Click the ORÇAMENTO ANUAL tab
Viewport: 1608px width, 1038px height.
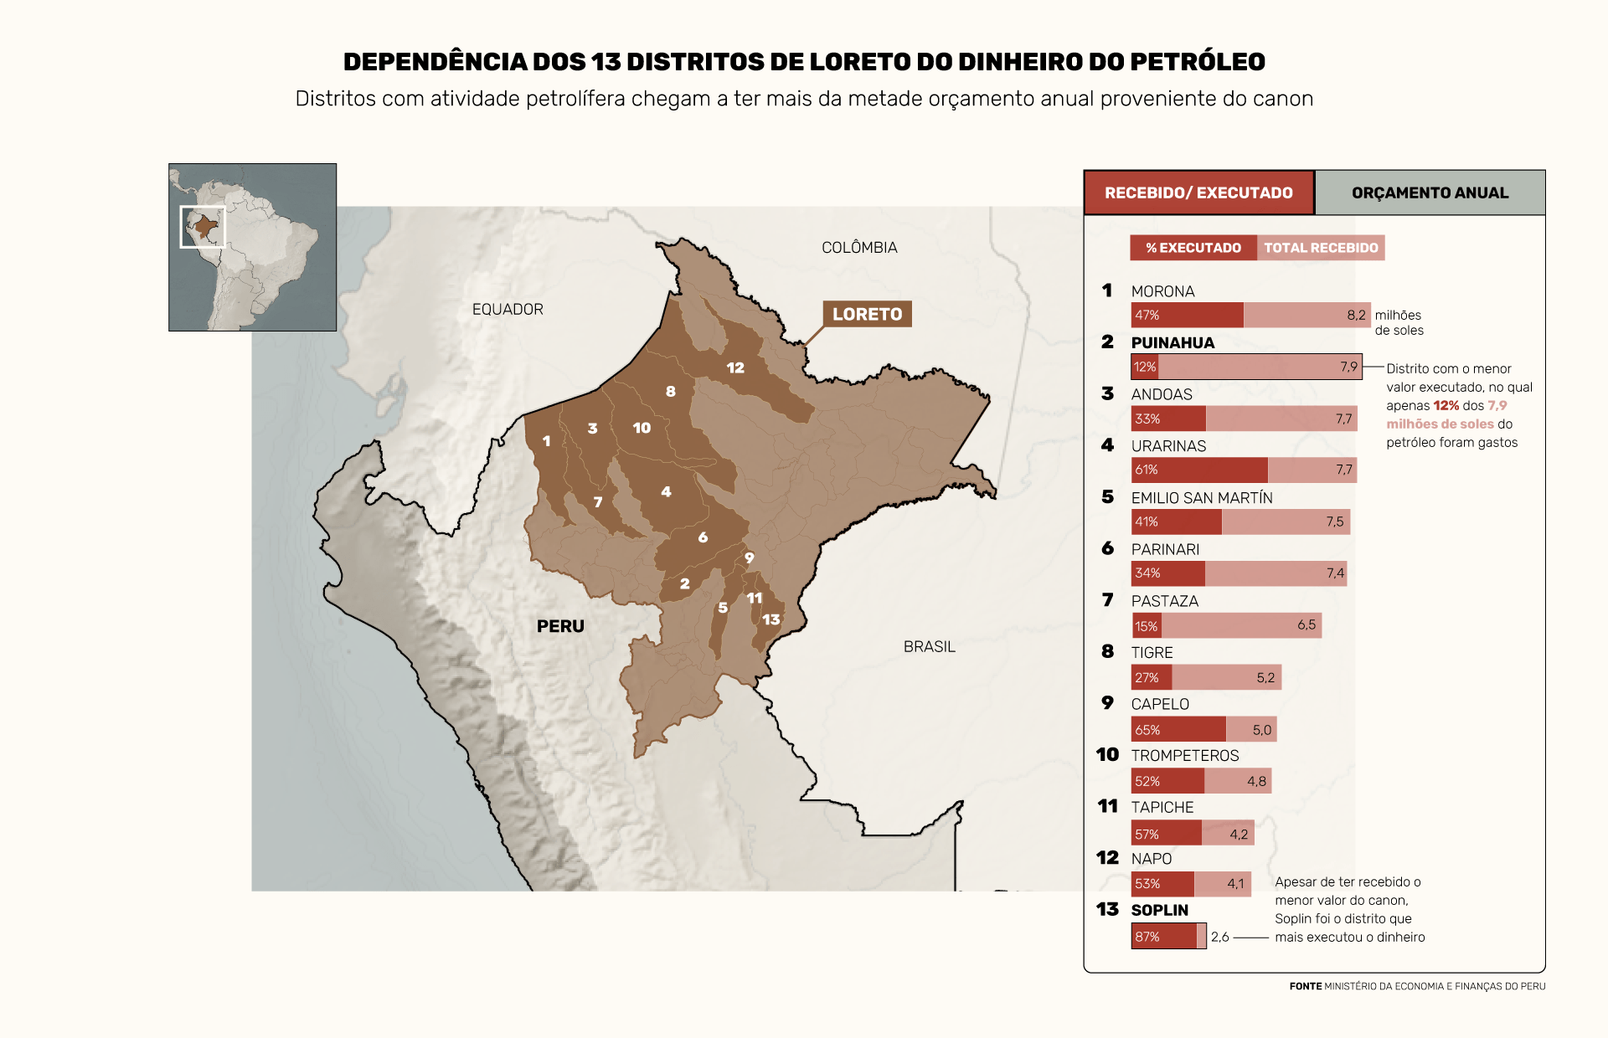pos(1430,193)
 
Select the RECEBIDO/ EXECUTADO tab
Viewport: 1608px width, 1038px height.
pos(1198,193)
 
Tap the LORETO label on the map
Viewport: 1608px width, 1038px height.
pos(867,314)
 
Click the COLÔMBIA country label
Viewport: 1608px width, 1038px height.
pos(859,248)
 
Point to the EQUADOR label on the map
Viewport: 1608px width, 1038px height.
pos(508,310)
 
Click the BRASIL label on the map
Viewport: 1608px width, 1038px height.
pos(929,647)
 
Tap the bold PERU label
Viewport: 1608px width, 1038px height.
pos(560,626)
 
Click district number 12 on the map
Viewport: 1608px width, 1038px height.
pos(735,368)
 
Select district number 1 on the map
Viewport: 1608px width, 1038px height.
pos(547,441)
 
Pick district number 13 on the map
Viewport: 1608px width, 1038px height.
pos(771,620)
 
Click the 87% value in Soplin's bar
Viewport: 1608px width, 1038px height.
pos(1147,937)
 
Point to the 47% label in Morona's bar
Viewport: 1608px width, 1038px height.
pos(1147,316)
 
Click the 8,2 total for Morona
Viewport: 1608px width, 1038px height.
pos(1356,316)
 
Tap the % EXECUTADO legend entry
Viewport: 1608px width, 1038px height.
pos(1193,248)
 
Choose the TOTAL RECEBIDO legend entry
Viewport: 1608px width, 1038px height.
pos(1321,248)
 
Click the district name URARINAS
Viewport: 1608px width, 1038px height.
pos(1168,446)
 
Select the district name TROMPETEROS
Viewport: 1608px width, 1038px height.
pos(1184,756)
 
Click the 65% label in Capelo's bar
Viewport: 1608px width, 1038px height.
pos(1147,730)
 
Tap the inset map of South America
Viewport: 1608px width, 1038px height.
pos(252,247)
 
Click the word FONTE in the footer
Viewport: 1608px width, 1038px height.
pos(1305,986)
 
